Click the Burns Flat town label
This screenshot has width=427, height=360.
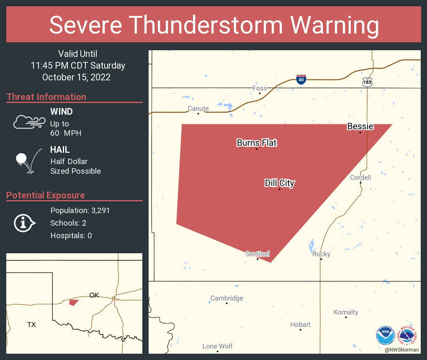coord(257,143)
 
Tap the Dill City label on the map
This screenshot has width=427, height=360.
coord(280,183)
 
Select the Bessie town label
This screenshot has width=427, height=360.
coord(360,126)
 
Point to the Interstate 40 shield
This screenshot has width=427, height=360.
coord(301,80)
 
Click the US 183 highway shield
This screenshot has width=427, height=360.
coord(367,82)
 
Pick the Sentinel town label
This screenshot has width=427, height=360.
coord(257,254)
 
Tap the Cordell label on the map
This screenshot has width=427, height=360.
coord(360,177)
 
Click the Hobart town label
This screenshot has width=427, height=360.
coord(301,324)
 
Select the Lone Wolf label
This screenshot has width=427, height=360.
coord(217,346)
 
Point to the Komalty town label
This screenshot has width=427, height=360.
coord(346,312)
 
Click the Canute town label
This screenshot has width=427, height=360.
coord(198,108)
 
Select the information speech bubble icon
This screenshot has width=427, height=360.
coord(25,223)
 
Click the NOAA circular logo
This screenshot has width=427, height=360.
coord(385,335)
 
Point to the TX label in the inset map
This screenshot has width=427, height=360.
coord(31,324)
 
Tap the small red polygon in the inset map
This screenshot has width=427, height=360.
coord(74,302)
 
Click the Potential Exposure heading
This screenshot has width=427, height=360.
coord(46,195)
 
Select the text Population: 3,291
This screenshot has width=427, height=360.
coord(80,210)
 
